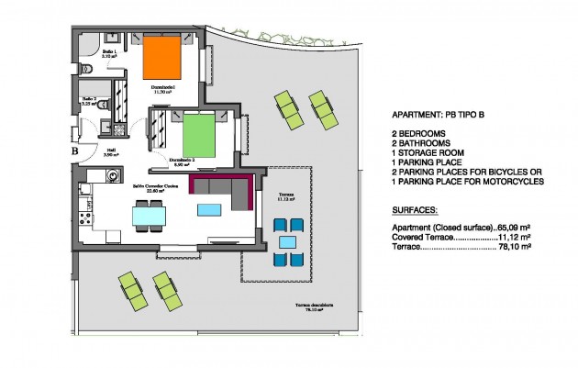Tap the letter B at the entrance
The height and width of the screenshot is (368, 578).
click(73, 152)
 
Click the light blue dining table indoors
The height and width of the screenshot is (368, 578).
click(149, 216)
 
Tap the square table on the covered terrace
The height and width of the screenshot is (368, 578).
click(287, 242)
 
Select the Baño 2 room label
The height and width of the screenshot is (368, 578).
click(90, 102)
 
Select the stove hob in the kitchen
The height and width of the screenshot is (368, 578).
click(85, 219)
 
